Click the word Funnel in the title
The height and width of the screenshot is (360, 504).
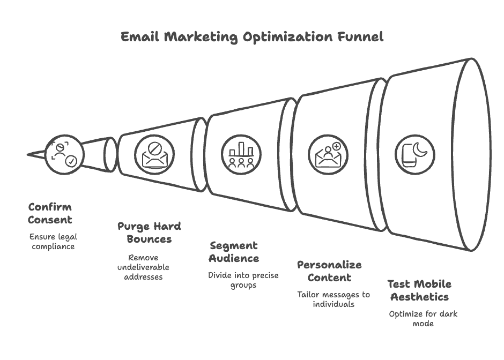click(360, 36)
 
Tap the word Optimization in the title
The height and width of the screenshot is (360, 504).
click(287, 37)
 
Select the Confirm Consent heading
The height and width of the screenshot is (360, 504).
click(50, 213)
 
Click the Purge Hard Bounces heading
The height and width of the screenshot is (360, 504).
click(149, 232)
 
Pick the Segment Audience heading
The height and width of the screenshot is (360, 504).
click(234, 252)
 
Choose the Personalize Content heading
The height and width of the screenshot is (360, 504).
click(329, 271)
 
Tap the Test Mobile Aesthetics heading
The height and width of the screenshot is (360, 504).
click(419, 290)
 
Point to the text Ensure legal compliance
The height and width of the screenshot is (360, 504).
click(54, 242)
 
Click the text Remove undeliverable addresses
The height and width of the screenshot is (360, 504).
click(143, 267)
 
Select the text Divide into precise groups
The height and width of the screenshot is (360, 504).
click(243, 280)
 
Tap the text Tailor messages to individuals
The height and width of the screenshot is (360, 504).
click(333, 299)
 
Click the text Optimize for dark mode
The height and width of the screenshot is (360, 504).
click(423, 319)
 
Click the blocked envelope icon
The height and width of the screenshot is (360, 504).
click(154, 155)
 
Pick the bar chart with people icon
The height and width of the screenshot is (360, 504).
click(241, 155)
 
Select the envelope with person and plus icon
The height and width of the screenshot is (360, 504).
click(328, 155)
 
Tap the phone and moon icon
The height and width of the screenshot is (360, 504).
click(414, 155)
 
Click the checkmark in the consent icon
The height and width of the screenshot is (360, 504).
click(71, 161)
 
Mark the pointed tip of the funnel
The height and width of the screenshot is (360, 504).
click(28, 155)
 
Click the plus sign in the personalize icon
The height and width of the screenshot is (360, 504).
click(336, 146)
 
